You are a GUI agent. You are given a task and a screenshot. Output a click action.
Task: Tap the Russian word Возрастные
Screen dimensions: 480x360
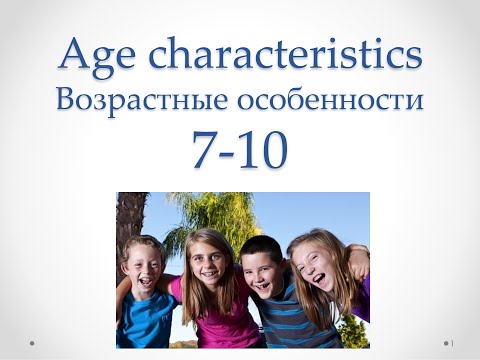[142, 101]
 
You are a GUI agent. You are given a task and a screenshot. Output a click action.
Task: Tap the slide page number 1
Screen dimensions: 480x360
[452, 343]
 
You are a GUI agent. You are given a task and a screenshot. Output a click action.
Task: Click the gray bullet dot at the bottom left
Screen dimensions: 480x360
[32, 343]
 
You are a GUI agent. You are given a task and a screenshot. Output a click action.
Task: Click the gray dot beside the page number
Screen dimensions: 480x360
[446, 343]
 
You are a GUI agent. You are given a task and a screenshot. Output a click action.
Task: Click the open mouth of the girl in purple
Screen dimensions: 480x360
[319, 279]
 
